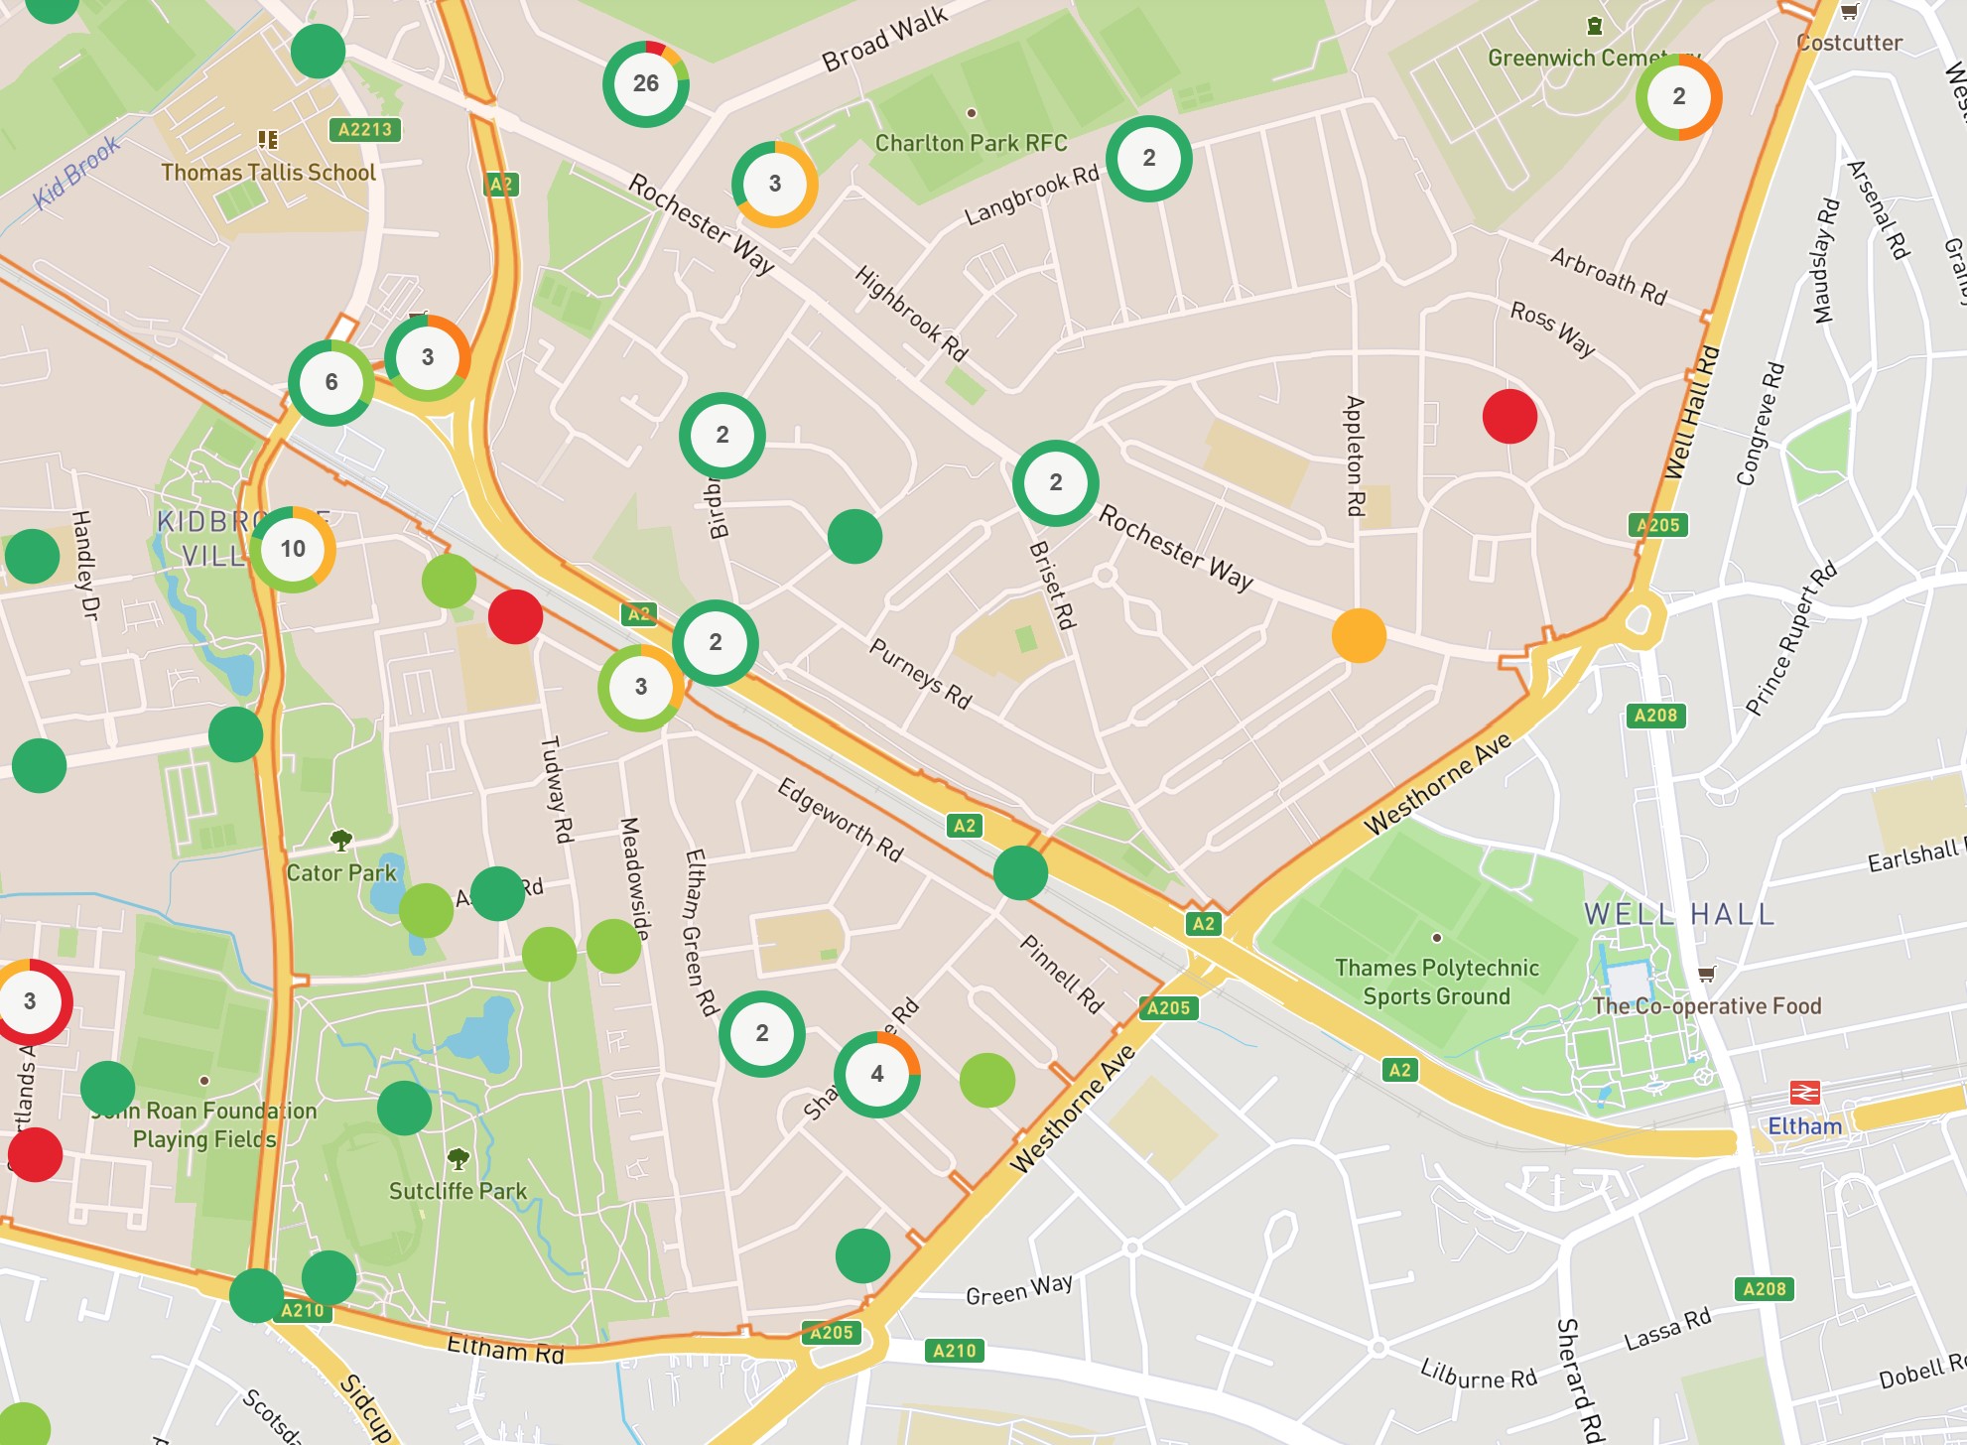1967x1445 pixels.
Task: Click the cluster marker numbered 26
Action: [x=645, y=83]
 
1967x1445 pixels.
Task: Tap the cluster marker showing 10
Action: [x=292, y=549]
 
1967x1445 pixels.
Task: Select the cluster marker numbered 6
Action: [x=330, y=382]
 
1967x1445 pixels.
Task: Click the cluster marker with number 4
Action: [x=876, y=1074]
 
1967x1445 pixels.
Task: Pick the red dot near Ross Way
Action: [x=1509, y=416]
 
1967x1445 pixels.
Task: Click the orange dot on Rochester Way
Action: [x=1358, y=635]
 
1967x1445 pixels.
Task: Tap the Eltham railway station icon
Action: [x=1803, y=1093]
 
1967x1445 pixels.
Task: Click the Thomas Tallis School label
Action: [x=268, y=173]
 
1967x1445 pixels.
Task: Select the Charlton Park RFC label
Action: [x=971, y=143]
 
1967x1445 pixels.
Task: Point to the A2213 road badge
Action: [x=364, y=129]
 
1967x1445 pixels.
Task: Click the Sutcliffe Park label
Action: [x=458, y=1191]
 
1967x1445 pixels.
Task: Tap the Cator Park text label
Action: [x=340, y=873]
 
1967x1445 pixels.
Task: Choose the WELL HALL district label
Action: [x=1678, y=914]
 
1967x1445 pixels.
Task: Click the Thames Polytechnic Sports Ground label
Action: [x=1436, y=982]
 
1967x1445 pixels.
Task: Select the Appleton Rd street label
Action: [x=1355, y=456]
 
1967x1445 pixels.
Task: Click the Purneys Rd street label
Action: [x=920, y=674]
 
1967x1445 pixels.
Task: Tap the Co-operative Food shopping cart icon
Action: [x=1706, y=974]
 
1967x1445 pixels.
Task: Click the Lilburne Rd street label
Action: [x=1478, y=1375]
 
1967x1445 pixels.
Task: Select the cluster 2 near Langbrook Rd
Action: [x=1148, y=159]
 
